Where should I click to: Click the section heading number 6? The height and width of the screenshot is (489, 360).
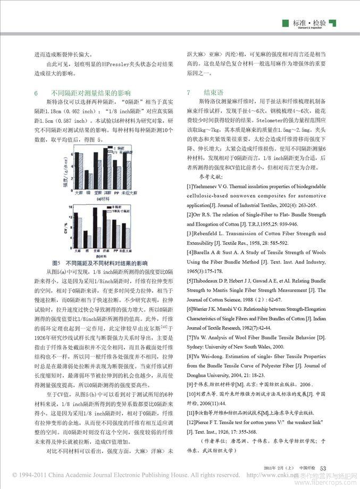36,93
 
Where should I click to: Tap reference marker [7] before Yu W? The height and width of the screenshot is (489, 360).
189,337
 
